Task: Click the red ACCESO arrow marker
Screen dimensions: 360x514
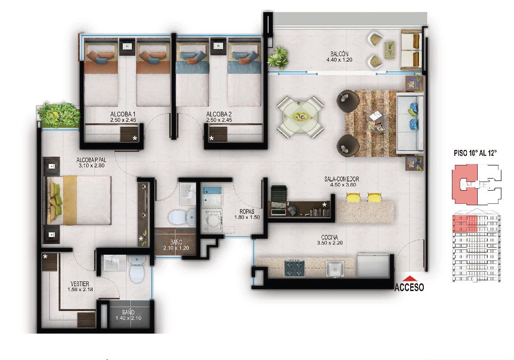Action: (409, 278)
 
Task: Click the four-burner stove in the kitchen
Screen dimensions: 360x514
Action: (293, 268)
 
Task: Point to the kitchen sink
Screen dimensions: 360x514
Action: (334, 268)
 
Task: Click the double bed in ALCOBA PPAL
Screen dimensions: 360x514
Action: (80, 200)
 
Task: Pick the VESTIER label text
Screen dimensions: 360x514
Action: (80, 284)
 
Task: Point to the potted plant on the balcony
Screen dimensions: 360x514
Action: (278, 57)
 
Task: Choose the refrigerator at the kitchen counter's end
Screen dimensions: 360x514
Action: (372, 265)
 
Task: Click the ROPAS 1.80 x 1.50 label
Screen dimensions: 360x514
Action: (250, 214)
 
